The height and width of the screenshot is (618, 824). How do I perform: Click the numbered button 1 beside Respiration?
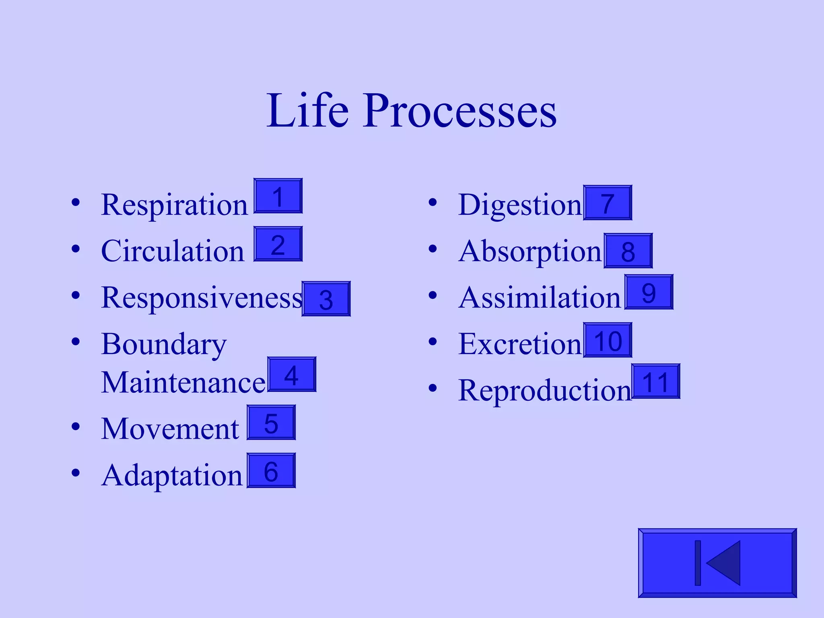[x=278, y=196]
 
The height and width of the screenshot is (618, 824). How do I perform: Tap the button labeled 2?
[x=278, y=244]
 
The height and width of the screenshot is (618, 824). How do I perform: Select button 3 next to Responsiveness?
[x=326, y=299]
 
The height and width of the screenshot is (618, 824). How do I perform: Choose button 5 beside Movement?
[x=271, y=422]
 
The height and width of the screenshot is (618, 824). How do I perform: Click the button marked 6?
[x=271, y=471]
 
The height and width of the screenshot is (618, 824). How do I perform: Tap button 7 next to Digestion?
[x=608, y=203]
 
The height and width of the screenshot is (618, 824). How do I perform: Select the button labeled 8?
[x=628, y=251]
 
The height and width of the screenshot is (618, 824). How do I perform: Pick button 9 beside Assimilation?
[x=649, y=292]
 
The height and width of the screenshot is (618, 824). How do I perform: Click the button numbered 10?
[x=608, y=340]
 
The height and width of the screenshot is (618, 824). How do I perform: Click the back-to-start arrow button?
[x=717, y=563]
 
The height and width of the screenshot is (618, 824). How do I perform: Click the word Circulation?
[x=173, y=251]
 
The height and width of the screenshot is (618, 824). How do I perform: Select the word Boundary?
[x=164, y=344]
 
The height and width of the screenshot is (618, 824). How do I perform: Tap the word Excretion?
[x=520, y=344]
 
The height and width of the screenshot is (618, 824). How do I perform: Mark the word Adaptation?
[x=172, y=476]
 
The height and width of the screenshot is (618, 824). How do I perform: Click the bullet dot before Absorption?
[x=433, y=249]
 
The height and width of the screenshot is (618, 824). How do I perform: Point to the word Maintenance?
[x=183, y=382]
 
